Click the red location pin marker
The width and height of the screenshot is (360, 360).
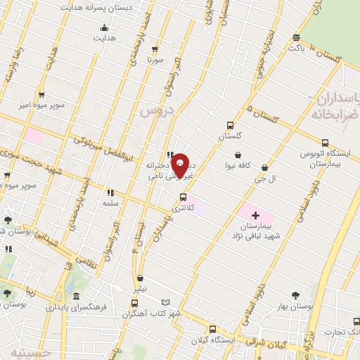coord(180,165)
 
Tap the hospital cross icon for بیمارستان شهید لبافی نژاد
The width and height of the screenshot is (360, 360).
coord(255,214)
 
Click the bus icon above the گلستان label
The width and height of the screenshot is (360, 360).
coord(230,125)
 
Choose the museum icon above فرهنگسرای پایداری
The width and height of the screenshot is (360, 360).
coord(76,297)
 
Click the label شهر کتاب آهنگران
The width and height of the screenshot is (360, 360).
coord(152,313)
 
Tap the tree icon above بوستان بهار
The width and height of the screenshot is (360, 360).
coord(295,295)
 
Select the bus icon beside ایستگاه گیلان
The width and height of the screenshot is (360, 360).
coord(213,328)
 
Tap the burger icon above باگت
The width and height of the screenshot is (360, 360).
coord(297,38)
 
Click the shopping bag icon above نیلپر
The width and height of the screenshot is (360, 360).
coord(141,278)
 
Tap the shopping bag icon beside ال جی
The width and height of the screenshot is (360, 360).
coord(264,167)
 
